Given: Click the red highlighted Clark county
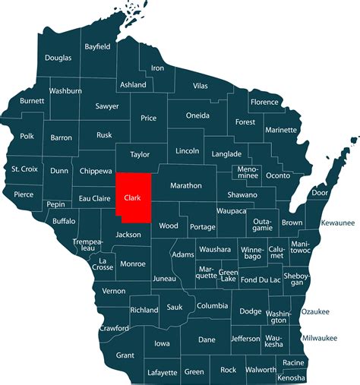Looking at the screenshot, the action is [x=132, y=199].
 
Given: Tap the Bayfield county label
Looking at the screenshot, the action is [x=97, y=46].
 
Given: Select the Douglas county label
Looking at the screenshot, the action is [x=58, y=58].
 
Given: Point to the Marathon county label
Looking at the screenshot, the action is [x=186, y=185].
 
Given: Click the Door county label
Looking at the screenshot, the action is [x=320, y=193].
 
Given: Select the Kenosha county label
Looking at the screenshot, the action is [x=292, y=377].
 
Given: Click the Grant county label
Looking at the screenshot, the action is [x=125, y=355].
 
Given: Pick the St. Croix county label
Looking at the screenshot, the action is [x=25, y=169].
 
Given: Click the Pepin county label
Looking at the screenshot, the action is [x=55, y=205].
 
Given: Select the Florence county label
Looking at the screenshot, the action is [x=265, y=102].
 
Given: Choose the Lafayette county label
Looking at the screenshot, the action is [x=158, y=373].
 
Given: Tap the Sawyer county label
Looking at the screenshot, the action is [x=107, y=106].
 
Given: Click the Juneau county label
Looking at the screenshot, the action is [x=164, y=279].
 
